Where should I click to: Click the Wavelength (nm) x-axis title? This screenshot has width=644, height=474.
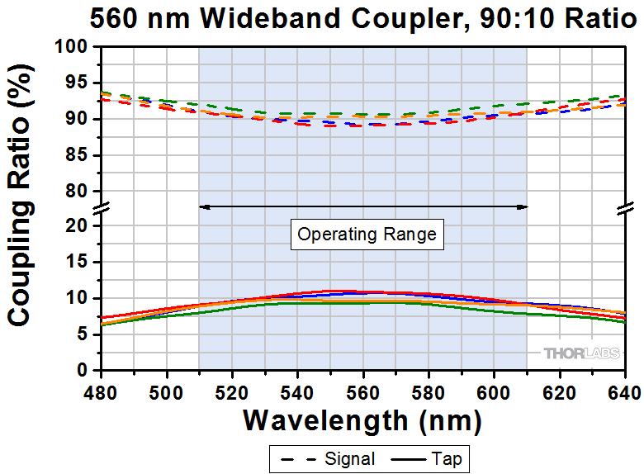tap(362, 420)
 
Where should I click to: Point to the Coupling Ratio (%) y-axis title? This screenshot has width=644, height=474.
tap(22, 208)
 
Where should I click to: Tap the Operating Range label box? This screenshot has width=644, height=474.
tap(367, 235)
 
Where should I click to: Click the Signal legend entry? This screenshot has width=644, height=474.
tap(328, 458)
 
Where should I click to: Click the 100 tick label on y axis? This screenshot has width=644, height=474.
tap(77, 47)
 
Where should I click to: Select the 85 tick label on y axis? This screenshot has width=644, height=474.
tap(81, 155)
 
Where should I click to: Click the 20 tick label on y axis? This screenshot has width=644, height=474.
tap(81, 225)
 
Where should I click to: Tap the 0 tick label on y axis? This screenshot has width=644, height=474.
tap(86, 371)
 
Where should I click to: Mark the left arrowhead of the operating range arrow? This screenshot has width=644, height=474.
tap(202, 206)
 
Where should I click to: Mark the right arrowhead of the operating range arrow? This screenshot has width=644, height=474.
tap(523, 206)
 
